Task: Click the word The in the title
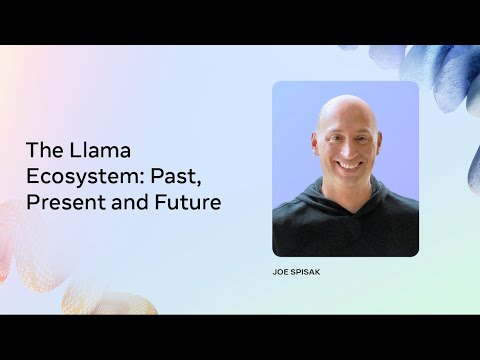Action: pos(43,152)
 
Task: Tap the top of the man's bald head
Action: pos(344,102)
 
